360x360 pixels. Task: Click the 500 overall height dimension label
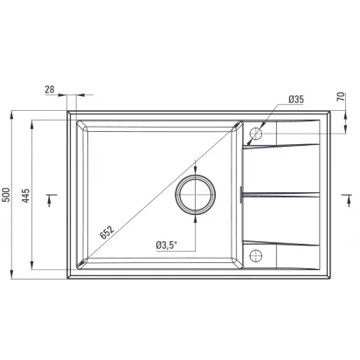coord(6,195)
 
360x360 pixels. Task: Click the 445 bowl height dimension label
coord(26,196)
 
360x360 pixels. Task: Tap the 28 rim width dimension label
coord(50,89)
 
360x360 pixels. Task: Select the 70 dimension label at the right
coord(341,96)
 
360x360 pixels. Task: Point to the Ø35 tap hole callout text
coord(296,100)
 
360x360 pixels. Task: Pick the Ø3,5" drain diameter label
coord(167,246)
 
